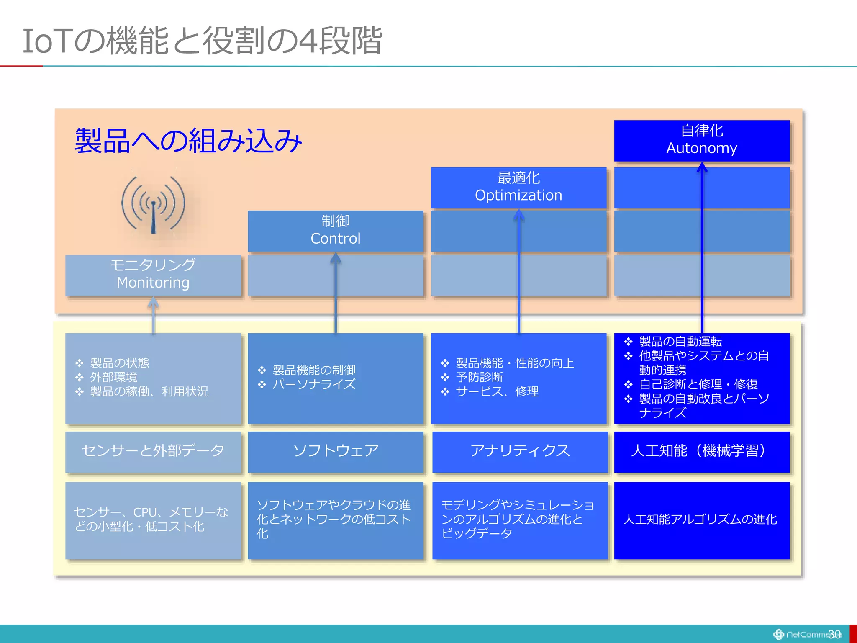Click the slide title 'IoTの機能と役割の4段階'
point(202,41)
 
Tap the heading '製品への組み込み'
point(188,141)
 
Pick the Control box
point(335,230)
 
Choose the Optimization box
point(518,187)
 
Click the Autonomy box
point(702,140)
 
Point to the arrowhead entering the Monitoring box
point(153,301)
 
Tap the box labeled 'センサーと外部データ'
point(153,451)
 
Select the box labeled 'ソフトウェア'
point(335,451)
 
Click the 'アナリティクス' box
point(520,451)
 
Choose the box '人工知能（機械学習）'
point(702,451)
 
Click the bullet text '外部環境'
point(114,377)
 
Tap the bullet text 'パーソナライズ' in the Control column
point(314,384)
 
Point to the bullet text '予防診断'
point(480,377)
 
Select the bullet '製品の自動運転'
point(680,342)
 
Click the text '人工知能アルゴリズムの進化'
point(700,520)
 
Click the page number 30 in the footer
point(834,634)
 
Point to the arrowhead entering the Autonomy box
point(702,167)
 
